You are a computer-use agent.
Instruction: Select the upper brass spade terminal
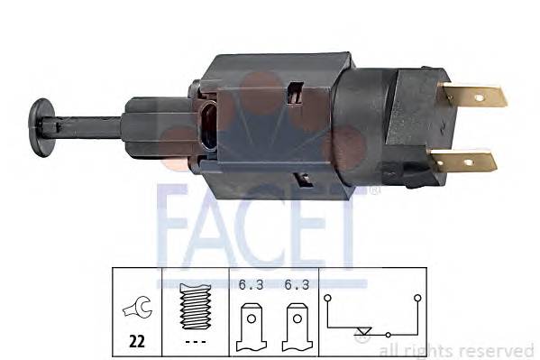pyautogui.click(x=475, y=96)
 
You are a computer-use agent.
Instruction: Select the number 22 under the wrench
pyautogui.click(x=136, y=340)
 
